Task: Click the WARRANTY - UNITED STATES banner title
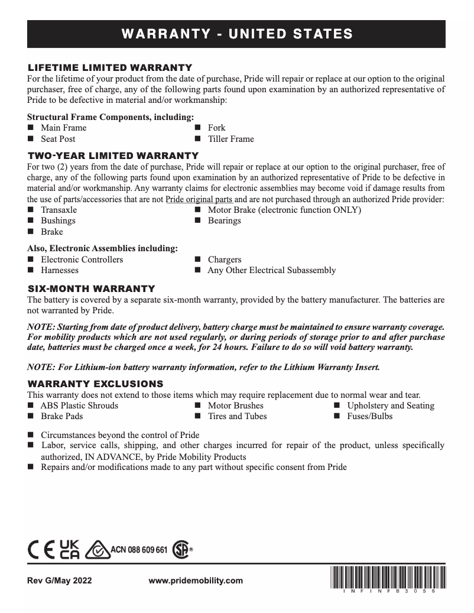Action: (x=237, y=34)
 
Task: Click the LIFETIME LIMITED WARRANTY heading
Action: (x=110, y=67)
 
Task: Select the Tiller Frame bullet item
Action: (x=230, y=139)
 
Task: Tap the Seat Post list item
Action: (x=58, y=139)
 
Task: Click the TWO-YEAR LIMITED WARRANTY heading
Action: (x=113, y=155)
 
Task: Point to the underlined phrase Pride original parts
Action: (x=199, y=199)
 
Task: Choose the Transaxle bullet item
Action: (x=59, y=210)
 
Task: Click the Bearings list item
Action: (x=224, y=220)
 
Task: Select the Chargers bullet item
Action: (x=225, y=260)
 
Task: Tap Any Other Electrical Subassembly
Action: (x=271, y=270)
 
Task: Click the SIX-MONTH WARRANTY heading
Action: (x=92, y=288)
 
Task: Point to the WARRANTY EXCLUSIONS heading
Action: (x=96, y=384)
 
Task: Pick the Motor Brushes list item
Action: (x=235, y=406)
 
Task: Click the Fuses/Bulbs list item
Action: (x=369, y=416)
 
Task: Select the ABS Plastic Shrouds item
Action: (x=79, y=406)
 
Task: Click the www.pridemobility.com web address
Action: (x=196, y=580)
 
